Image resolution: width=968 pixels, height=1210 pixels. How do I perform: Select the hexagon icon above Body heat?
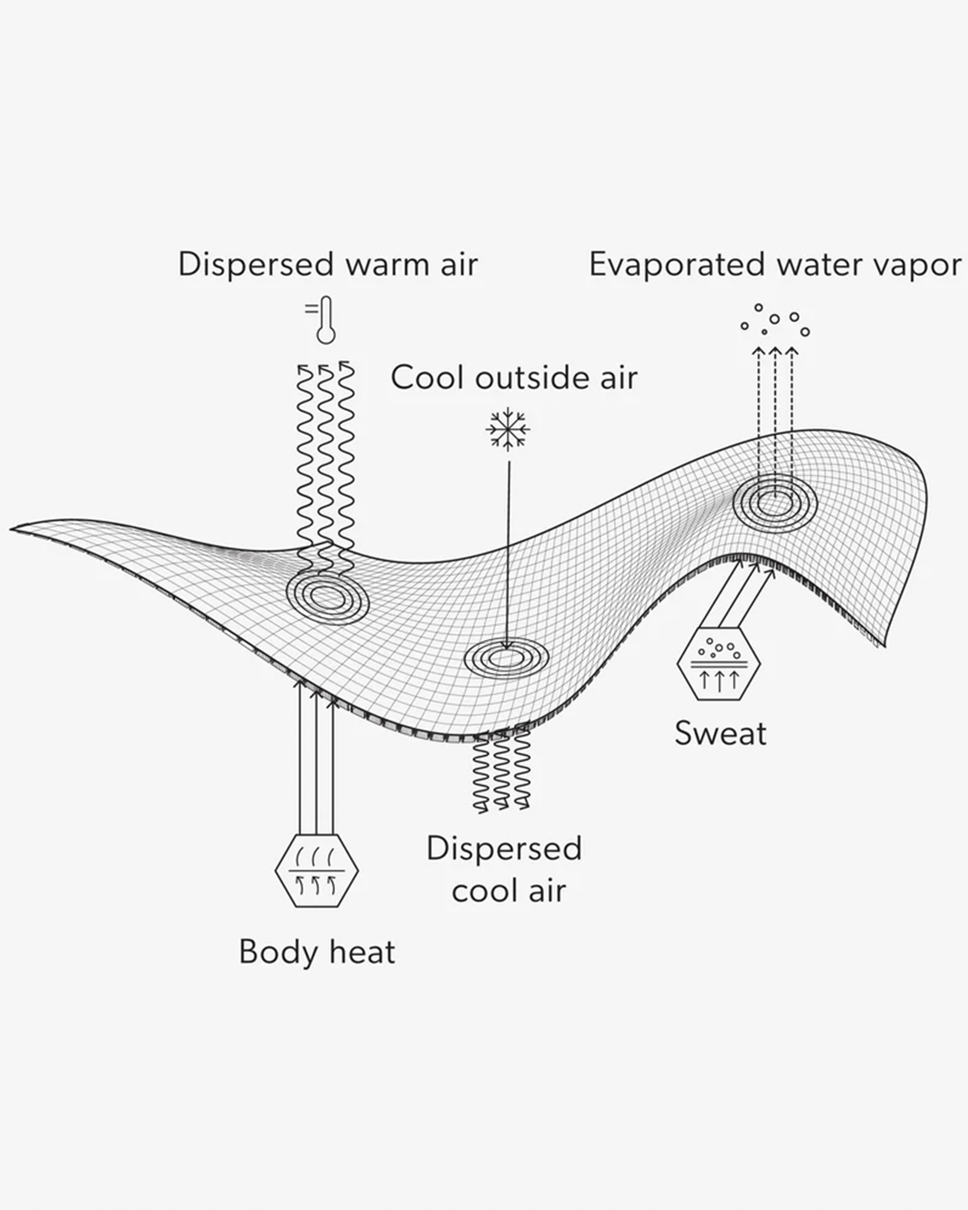[x=317, y=871]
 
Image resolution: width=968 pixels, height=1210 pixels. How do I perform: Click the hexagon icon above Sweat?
[x=719, y=663]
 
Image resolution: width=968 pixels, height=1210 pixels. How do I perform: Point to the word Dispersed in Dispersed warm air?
[x=257, y=264]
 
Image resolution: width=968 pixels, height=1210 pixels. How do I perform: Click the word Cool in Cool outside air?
[x=428, y=378]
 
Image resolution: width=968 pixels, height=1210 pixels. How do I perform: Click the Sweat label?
[x=720, y=733]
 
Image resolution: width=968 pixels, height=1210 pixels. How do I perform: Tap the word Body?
[x=278, y=951]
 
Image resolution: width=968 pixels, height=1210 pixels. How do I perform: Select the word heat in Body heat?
[x=362, y=951]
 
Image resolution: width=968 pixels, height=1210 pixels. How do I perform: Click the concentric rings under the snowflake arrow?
[x=507, y=657]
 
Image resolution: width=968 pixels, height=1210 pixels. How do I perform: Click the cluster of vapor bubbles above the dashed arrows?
[x=775, y=321]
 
